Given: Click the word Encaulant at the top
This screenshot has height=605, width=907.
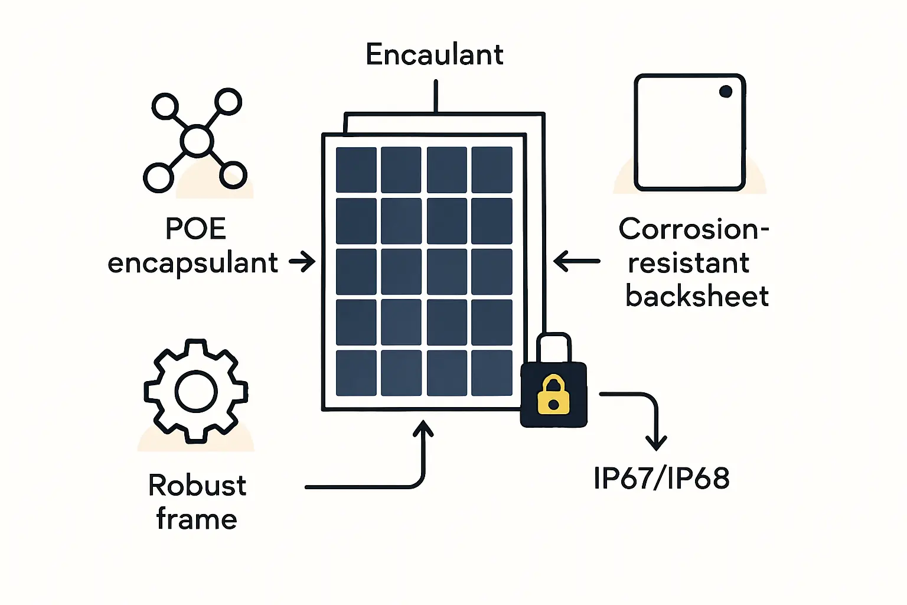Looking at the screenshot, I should point(434,55).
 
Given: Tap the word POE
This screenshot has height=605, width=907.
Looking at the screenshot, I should point(195,229).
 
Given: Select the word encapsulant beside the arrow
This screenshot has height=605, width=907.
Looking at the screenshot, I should point(193,264).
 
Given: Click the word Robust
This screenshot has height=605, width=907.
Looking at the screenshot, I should point(197,486).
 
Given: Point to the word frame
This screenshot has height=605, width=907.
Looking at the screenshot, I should point(197,520).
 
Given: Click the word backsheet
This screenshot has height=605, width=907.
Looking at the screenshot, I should point(697,296).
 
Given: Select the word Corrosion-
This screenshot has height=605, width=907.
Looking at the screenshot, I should point(694,229).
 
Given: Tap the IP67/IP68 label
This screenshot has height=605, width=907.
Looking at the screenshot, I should point(661,478).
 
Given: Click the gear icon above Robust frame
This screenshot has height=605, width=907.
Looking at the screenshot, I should point(196,391).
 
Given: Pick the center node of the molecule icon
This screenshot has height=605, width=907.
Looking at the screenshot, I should point(196,141).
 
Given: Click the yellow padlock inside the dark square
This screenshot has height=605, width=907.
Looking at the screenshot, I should point(553,395).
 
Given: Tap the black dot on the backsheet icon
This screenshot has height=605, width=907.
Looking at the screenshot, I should point(726,92).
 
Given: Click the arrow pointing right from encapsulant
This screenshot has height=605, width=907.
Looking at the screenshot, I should point(302,261).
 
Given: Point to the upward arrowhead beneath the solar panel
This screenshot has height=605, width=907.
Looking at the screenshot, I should point(423,428).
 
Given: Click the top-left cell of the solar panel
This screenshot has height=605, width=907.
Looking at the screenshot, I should point(356,170).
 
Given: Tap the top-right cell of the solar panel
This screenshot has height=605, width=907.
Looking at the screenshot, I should point(492,170).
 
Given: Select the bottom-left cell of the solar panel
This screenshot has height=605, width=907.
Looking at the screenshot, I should point(356,373).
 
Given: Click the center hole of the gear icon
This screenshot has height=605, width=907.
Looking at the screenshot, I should point(196,391).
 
